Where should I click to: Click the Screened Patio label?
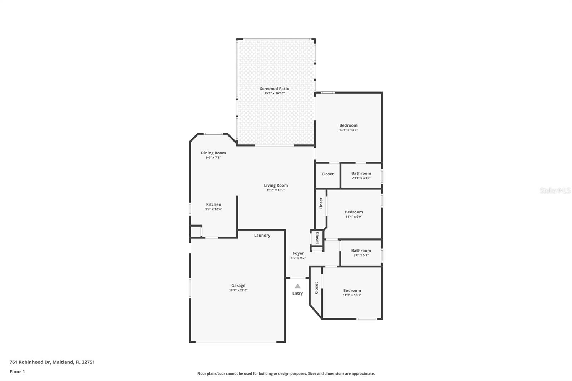[x=275, y=89]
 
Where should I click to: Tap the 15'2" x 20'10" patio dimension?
[x=275, y=93]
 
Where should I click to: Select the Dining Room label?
[x=213, y=153]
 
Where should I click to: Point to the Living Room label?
[x=276, y=185]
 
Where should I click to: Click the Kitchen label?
[x=213, y=204]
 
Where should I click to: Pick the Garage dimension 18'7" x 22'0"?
[x=238, y=290]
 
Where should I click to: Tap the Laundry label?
[x=262, y=235]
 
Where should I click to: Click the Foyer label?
[x=298, y=253]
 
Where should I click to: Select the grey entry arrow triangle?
[x=297, y=286]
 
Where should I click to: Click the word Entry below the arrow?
[x=297, y=293]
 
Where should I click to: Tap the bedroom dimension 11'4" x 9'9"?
[x=354, y=217]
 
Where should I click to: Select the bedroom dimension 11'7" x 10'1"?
[x=352, y=295]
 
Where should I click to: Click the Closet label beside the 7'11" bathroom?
[x=327, y=174]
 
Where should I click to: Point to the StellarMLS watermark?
[x=555, y=190]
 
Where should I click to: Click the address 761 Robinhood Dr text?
[x=31, y=362]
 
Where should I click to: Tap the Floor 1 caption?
[x=18, y=372]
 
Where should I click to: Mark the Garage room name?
[x=238, y=286]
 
